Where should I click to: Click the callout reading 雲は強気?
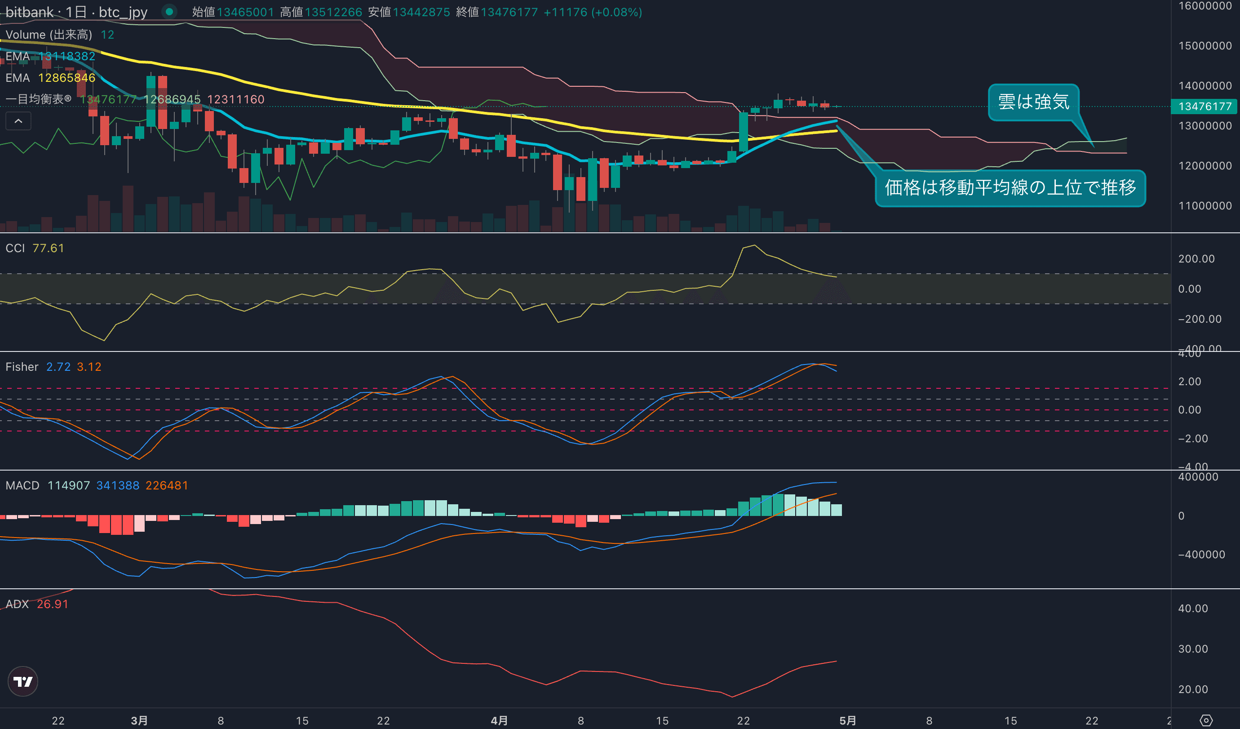[x=1033, y=102]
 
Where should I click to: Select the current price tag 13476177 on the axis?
[x=1204, y=107]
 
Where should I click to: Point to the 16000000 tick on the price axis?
[x=1205, y=6]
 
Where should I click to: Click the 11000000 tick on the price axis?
[x=1205, y=206]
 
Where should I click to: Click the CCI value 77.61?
[x=48, y=248]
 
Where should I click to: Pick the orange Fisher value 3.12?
[x=89, y=367]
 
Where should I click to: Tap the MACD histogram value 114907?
[x=68, y=485]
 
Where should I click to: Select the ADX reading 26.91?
[x=53, y=604]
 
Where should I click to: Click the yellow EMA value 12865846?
[x=66, y=78]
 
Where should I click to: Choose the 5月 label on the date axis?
[x=847, y=720]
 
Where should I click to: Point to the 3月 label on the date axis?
[x=139, y=720]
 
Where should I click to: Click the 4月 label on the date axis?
[x=499, y=720]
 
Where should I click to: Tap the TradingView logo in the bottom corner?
[x=22, y=681]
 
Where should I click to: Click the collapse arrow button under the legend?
[x=18, y=121]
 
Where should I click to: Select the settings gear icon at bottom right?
[x=1206, y=720]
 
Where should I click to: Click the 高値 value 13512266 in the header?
[x=333, y=12]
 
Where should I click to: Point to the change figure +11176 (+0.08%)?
[x=593, y=12]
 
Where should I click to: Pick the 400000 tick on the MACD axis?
[x=1198, y=476]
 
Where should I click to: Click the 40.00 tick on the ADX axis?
[x=1193, y=609]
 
